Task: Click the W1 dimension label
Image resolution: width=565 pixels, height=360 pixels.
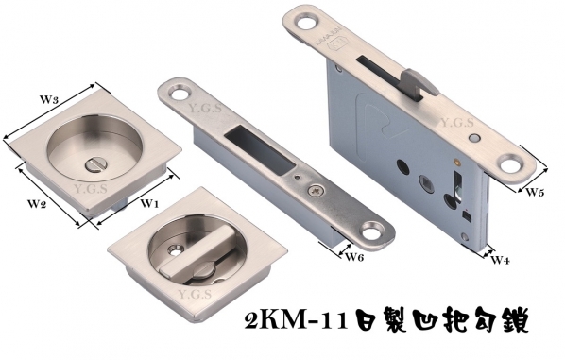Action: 149,204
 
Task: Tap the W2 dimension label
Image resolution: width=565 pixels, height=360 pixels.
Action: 38,204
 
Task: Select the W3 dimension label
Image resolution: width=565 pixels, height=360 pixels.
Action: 48,99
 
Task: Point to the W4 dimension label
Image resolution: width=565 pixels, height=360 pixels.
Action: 500,260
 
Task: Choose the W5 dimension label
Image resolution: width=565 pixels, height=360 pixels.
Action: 535,192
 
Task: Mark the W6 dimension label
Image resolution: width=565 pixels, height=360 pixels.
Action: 354,257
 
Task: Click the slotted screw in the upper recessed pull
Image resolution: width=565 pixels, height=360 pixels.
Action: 94,166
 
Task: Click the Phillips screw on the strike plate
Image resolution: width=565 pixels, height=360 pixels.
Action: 316,191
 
